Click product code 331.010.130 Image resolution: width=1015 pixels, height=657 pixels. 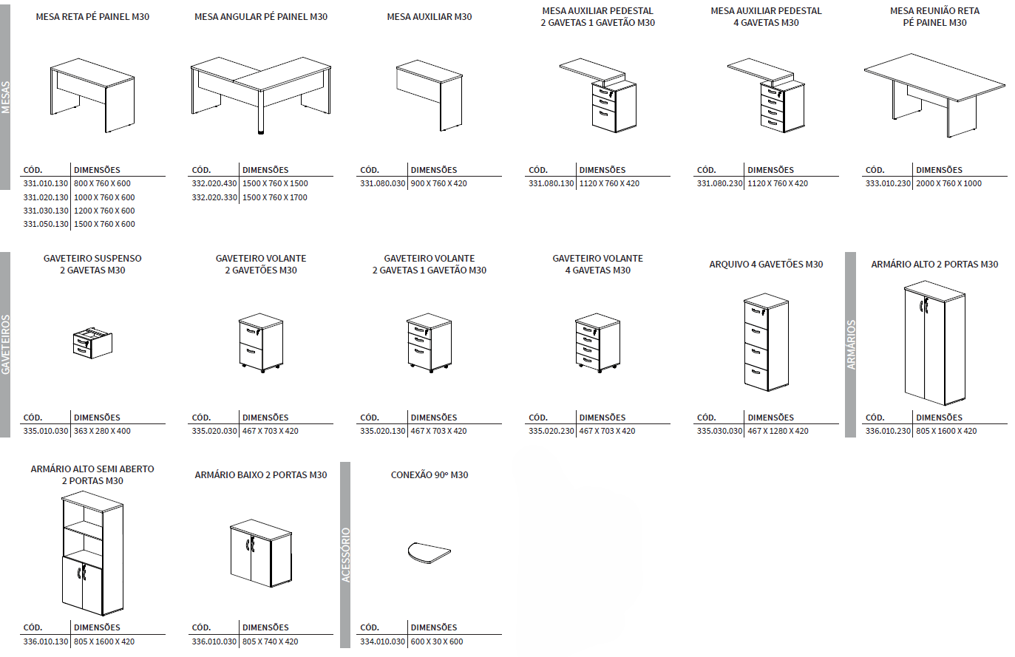[46, 183]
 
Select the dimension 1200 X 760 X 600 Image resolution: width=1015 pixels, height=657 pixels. [104, 211]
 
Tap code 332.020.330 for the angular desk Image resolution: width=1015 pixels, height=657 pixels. [214, 197]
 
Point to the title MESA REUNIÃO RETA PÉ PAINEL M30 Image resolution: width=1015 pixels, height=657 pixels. [934, 17]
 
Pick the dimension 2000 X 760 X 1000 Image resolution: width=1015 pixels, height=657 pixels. [948, 183]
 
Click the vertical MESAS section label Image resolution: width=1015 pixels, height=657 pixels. [6, 97]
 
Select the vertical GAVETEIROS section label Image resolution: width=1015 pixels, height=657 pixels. [6, 344]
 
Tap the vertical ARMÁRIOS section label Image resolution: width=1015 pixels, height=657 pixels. [851, 344]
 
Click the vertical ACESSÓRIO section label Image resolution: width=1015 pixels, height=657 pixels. [345, 555]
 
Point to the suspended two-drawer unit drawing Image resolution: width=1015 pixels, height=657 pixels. [92, 342]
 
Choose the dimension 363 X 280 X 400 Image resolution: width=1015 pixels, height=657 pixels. [102, 431]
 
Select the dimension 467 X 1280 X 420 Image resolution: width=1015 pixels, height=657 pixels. [778, 431]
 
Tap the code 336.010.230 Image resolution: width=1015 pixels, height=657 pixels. [888, 431]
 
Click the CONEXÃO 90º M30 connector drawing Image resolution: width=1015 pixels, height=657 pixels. [429, 552]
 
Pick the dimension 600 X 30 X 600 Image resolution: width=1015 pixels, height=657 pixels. [437, 641]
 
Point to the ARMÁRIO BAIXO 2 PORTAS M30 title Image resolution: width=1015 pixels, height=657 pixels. [261, 475]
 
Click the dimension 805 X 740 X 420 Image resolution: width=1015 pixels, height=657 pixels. [271, 641]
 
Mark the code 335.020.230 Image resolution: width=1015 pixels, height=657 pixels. [551, 431]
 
